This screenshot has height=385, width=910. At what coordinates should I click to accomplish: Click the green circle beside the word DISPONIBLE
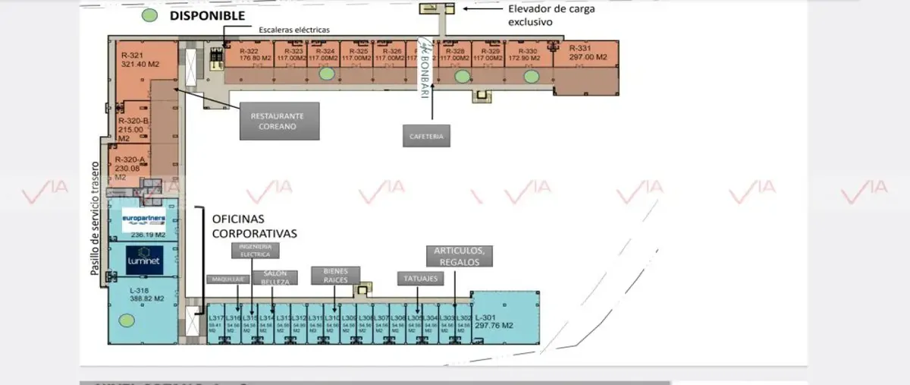[x=150, y=15]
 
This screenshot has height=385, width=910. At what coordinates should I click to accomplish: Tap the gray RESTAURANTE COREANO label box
[x=278, y=121]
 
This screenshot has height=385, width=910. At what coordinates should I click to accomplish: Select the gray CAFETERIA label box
[x=427, y=137]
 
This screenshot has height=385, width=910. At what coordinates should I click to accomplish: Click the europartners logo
[x=143, y=221]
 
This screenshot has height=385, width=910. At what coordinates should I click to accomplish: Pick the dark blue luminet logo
[x=143, y=260]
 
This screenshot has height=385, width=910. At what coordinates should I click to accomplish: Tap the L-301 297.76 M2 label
[x=494, y=321]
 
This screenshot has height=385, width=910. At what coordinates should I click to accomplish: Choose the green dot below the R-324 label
[x=326, y=74]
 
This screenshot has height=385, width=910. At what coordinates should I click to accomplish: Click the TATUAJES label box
[x=418, y=279]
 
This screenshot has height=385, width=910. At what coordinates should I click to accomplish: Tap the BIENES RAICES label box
[x=335, y=275]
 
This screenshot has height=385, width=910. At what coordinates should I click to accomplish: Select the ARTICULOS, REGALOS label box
[x=459, y=256]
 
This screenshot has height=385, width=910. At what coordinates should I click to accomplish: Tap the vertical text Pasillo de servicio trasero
[x=96, y=218]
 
